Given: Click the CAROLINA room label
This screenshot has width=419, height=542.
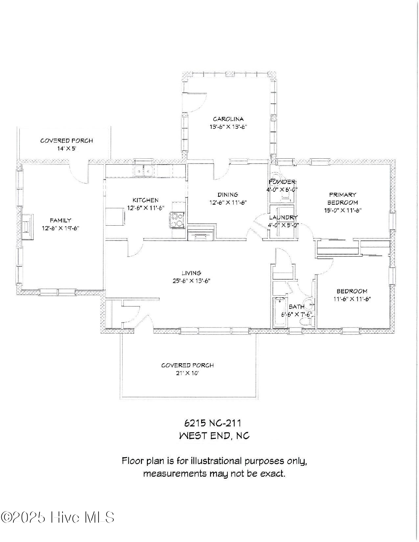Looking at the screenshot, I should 228,119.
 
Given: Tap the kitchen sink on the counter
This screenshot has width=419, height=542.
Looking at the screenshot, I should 144,171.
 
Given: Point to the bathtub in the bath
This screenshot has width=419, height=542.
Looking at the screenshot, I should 280,312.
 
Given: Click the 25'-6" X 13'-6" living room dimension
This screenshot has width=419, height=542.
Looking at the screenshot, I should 192,281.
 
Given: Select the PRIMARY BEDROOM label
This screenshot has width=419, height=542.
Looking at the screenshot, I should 342,198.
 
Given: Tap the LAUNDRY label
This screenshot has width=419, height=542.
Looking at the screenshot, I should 283,217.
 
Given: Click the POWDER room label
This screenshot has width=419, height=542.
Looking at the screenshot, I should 282,182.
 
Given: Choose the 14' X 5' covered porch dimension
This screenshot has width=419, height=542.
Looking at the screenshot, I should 67,148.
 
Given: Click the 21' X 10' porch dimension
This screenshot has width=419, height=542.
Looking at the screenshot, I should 187,373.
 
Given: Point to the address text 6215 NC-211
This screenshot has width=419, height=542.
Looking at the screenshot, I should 215,422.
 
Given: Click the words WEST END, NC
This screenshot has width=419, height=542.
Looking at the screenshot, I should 214,436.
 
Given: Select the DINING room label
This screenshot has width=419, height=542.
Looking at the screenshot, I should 228,194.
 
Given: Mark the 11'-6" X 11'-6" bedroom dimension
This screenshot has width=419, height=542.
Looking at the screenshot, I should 352,299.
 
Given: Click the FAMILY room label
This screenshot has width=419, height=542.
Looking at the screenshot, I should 60,220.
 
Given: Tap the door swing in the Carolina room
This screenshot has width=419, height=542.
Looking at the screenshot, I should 197,100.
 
